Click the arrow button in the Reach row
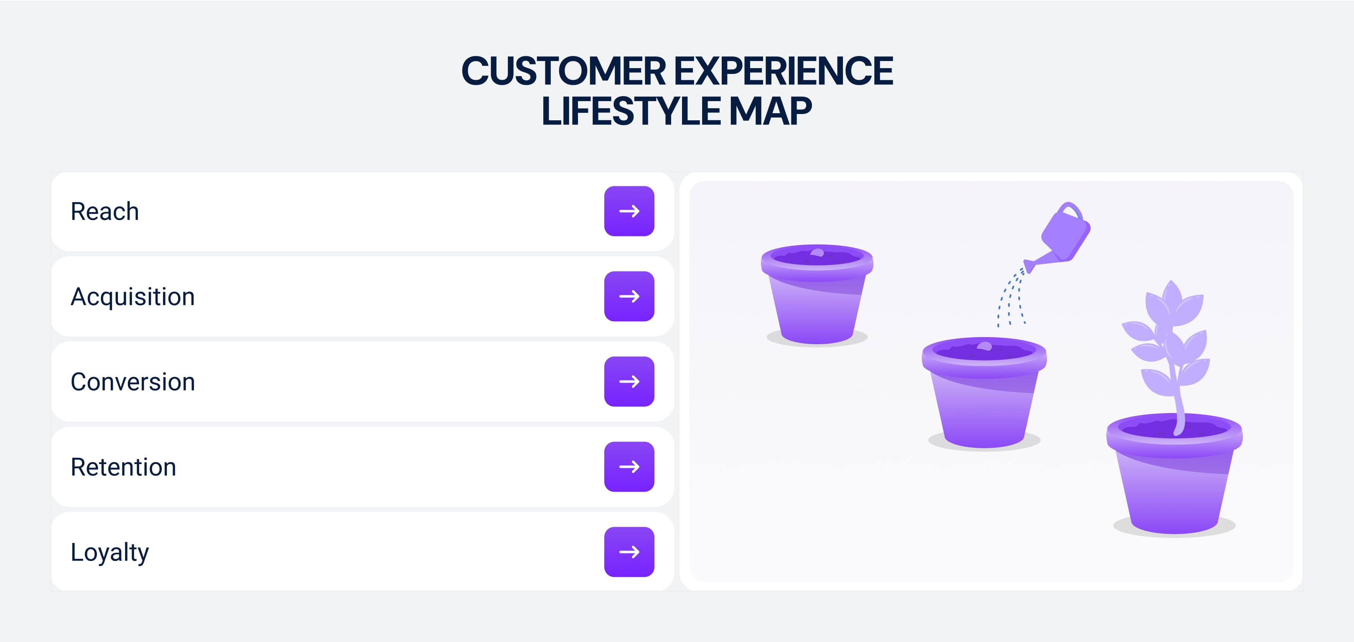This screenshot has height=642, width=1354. (629, 211)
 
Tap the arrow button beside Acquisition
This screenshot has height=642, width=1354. (629, 296)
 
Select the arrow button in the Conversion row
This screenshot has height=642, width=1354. (629, 381)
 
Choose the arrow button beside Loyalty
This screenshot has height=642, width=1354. (629, 552)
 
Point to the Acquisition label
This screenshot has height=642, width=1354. (132, 297)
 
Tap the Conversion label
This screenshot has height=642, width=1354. (132, 382)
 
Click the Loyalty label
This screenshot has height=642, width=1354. (109, 553)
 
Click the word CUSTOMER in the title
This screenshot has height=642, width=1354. (563, 71)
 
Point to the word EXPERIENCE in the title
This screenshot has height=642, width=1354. (784, 71)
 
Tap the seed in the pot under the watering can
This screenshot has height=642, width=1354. (984, 346)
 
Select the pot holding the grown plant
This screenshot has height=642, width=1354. (1174, 473)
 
